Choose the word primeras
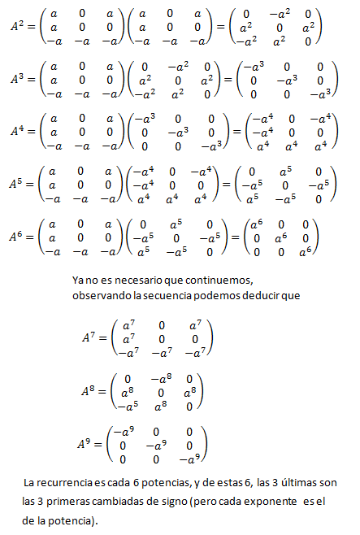76,502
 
